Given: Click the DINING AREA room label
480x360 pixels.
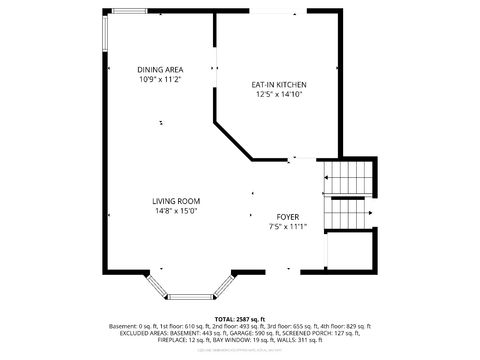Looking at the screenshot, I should [x=160, y=69].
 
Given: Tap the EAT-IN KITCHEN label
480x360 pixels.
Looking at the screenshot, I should [x=278, y=85].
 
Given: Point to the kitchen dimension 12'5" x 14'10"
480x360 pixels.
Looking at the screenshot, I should [x=278, y=95].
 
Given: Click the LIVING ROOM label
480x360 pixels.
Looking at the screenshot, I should [x=176, y=201].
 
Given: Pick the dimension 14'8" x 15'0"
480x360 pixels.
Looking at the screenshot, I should [x=176, y=211].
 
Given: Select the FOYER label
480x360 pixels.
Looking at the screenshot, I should [x=288, y=216].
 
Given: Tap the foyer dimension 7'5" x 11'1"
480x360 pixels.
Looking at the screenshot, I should [x=288, y=226].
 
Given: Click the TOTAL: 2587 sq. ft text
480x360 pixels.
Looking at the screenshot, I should [x=240, y=317].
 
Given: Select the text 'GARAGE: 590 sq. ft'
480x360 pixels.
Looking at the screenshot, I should [x=258, y=333].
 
